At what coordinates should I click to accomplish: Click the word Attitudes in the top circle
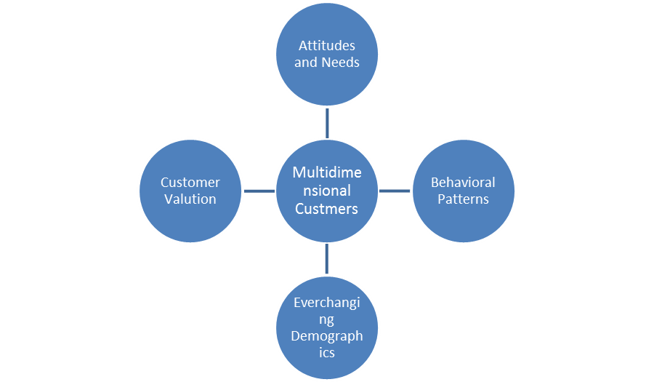click(327, 46)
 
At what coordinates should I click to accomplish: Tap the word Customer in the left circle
click(190, 183)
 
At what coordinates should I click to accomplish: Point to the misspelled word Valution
click(190, 199)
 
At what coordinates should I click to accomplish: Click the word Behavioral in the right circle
click(463, 183)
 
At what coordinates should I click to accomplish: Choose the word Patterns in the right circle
click(463, 199)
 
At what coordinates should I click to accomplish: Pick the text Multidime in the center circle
click(326, 172)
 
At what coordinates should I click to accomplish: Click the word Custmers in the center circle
click(326, 209)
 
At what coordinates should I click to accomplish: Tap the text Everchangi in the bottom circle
click(326, 303)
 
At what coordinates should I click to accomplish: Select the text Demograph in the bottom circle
click(326, 336)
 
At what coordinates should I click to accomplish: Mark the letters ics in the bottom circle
click(326, 352)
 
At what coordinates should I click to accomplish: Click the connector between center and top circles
click(327, 122)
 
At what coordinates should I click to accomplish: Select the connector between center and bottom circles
click(327, 259)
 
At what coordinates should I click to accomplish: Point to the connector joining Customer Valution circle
click(259, 191)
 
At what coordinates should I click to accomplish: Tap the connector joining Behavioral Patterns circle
click(395, 191)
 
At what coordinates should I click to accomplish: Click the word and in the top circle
click(306, 63)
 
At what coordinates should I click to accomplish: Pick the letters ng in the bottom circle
click(326, 320)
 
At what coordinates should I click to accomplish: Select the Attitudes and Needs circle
click(327, 80)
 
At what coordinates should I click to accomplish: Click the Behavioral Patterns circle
click(463, 218)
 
